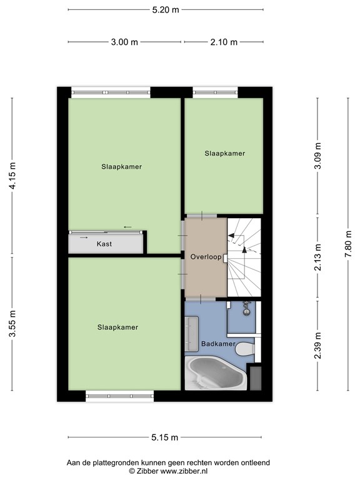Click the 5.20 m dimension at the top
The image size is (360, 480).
pyautogui.click(x=166, y=10)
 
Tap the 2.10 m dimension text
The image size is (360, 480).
pyautogui.click(x=224, y=42)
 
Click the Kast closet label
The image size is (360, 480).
pyautogui.click(x=104, y=244)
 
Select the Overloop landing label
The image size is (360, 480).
pyautogui.click(x=205, y=256)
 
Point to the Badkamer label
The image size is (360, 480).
pyautogui.click(x=218, y=344)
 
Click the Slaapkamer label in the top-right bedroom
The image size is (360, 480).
pyautogui.click(x=224, y=153)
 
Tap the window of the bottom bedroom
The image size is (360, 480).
pyautogui.click(x=119, y=395)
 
